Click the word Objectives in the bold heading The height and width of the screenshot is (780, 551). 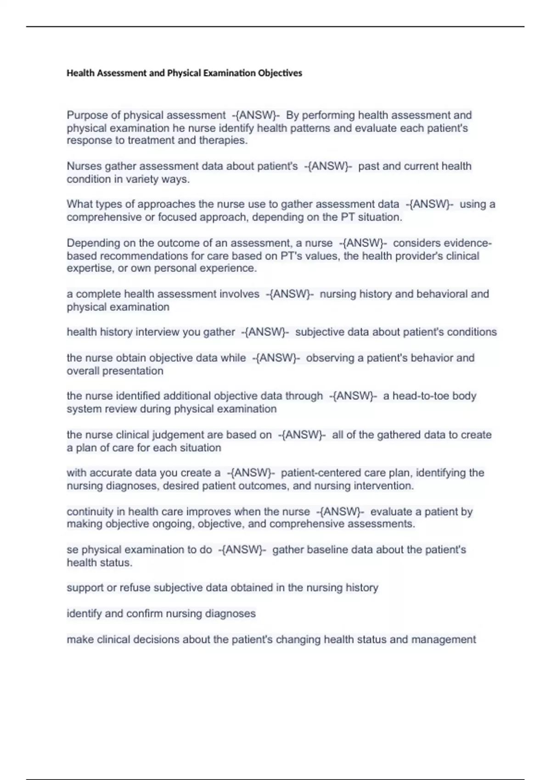280,73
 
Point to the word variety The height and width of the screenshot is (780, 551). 138,179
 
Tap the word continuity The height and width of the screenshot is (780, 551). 90,512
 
